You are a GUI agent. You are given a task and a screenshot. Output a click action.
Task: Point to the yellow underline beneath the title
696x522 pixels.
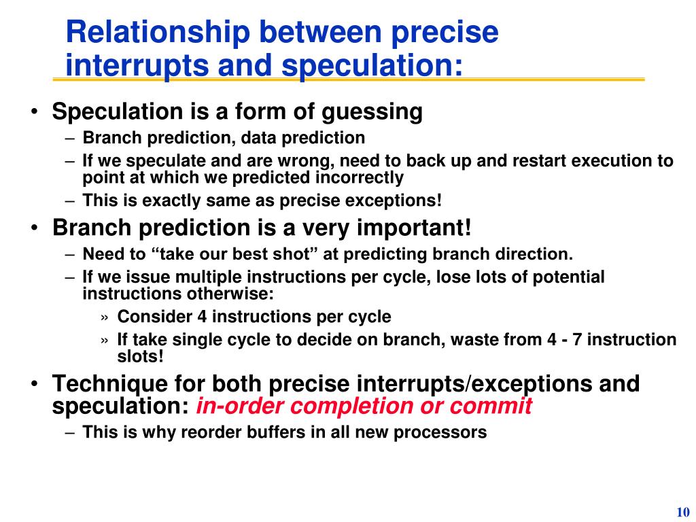point(348,80)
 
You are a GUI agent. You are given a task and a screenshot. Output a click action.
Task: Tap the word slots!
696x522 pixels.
point(141,356)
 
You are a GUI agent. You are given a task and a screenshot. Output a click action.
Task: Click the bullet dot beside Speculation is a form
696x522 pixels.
point(34,113)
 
